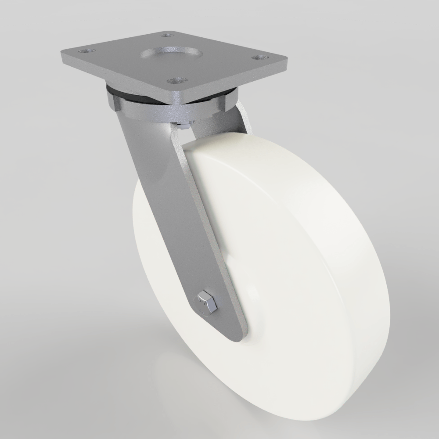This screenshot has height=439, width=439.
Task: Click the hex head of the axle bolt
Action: (x=207, y=302)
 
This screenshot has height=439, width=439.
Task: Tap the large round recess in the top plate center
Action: (x=172, y=55)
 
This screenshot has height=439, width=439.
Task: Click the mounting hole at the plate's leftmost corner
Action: (x=86, y=51)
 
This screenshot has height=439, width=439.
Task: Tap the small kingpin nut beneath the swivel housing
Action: (x=184, y=126)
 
